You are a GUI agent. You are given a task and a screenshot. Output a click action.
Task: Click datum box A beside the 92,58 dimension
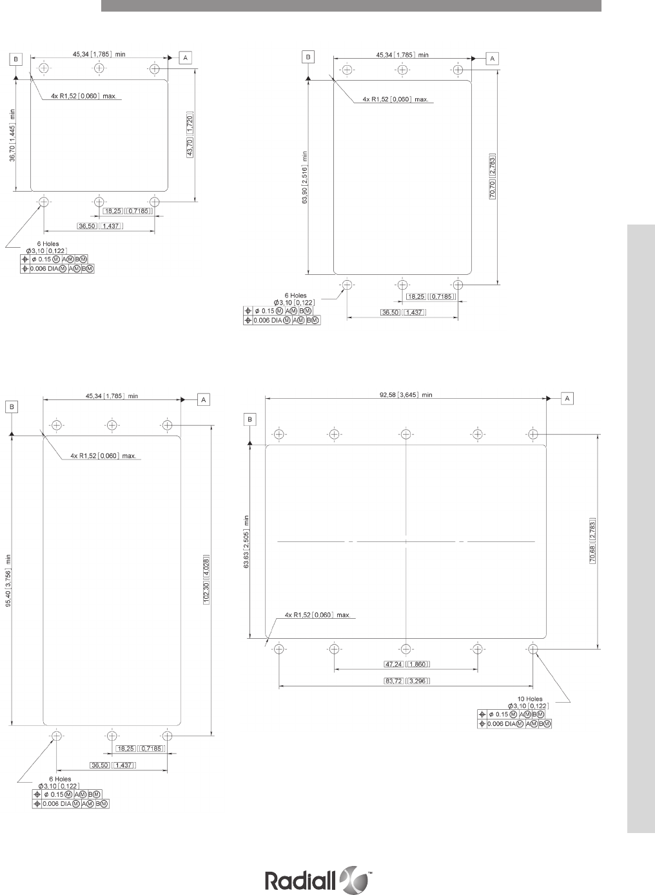(567, 398)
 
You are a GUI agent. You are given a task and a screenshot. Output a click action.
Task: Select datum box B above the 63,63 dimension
(250, 419)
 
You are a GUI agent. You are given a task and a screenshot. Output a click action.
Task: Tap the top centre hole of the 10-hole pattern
(406, 434)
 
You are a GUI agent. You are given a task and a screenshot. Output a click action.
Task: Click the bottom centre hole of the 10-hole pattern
(406, 649)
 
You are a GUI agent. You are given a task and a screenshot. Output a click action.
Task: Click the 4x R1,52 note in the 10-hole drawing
(317, 615)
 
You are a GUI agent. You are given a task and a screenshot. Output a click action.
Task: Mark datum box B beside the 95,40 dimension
(12, 407)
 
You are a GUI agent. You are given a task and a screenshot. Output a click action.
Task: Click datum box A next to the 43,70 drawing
(185, 57)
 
